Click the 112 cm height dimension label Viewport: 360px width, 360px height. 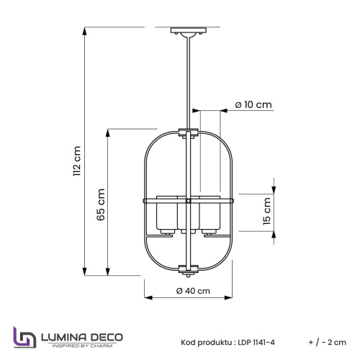click(x=77, y=161)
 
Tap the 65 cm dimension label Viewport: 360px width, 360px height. click(x=101, y=204)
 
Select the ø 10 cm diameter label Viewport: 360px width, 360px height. click(x=253, y=104)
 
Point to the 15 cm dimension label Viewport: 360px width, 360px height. click(x=267, y=211)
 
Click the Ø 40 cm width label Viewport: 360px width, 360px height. click(x=193, y=291)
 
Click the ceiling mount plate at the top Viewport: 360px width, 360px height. click(x=189, y=30)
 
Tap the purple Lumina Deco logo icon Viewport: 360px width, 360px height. click(x=24, y=337)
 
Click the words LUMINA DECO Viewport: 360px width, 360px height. click(x=82, y=338)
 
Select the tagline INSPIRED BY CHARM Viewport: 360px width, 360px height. click(x=82, y=346)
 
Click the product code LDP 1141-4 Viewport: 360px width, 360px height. click(x=256, y=342)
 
